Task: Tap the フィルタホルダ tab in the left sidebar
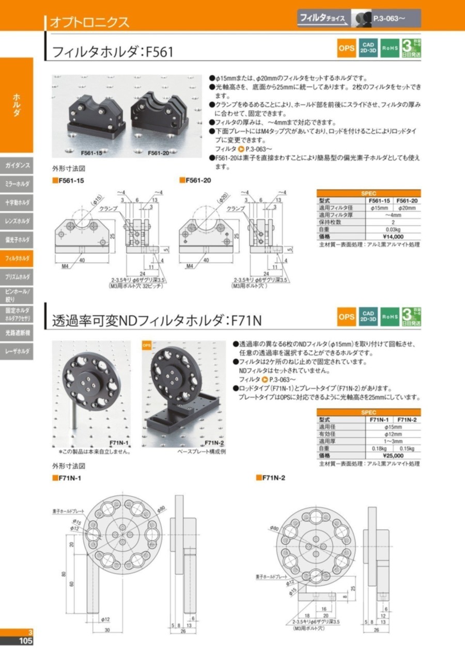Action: click(17, 257)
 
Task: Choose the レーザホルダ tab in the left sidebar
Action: click(17, 351)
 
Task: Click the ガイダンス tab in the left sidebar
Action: click(17, 166)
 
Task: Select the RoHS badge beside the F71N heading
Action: click(389, 317)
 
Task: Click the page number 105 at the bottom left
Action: click(25, 641)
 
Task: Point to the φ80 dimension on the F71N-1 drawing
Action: click(161, 508)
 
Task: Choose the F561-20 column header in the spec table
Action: click(407, 200)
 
